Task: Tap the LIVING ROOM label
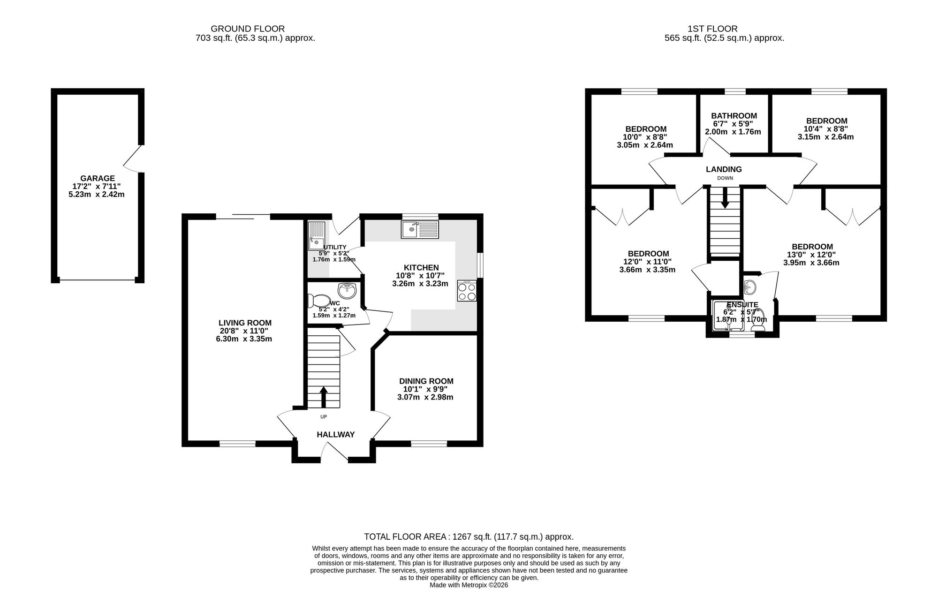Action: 245,323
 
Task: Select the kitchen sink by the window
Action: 420,229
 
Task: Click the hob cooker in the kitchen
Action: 467,290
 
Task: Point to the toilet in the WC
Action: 319,301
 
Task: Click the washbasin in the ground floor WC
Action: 347,290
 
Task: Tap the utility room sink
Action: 316,236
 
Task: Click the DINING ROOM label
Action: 426,381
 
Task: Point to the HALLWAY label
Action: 336,435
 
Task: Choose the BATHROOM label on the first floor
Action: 734,116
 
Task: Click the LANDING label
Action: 724,169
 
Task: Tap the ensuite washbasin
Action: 749,286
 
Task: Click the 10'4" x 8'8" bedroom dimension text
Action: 826,129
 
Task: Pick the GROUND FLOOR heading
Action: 248,29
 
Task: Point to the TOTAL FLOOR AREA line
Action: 469,537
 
